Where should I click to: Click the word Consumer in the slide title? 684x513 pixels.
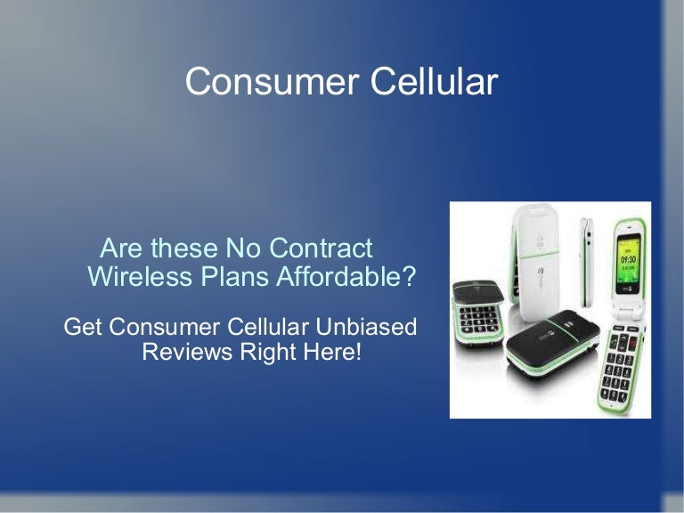[273, 81]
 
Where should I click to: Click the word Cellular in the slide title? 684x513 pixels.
[435, 81]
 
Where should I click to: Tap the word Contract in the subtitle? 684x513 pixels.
[321, 248]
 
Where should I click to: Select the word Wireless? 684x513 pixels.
[140, 276]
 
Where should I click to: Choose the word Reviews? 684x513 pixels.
[187, 352]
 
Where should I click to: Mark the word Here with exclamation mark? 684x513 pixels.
[333, 352]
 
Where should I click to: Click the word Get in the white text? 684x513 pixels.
[83, 326]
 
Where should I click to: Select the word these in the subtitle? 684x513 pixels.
[184, 248]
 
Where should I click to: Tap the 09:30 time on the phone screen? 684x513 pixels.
[628, 259]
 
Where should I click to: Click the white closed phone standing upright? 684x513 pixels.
[534, 261]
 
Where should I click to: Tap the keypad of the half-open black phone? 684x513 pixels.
[478, 322]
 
